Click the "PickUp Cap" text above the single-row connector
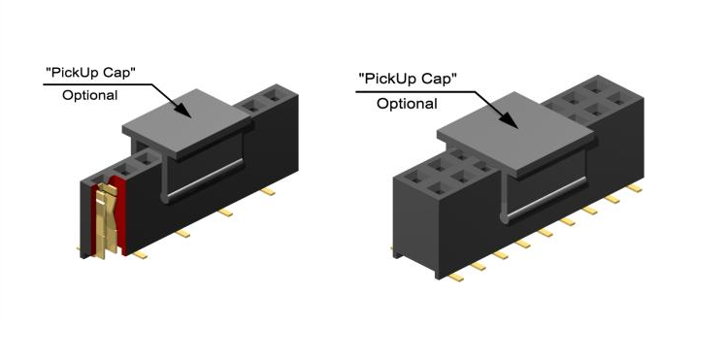tap(90, 72)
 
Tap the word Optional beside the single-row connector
tap(90, 95)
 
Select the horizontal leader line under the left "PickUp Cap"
tap(98, 84)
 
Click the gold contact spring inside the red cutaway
tap(107, 220)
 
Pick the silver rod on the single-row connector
tap(205, 180)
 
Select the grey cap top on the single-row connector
tap(187, 119)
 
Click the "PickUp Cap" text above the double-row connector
tap(408, 79)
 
